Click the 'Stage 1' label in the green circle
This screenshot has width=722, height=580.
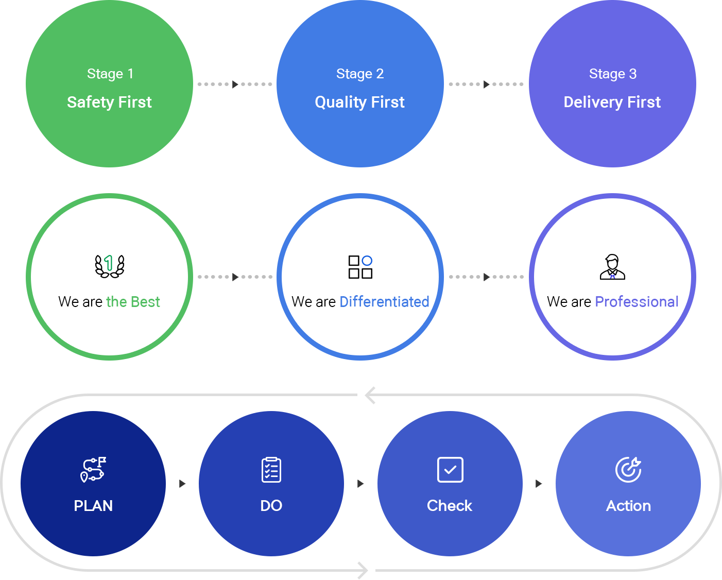pyautogui.click(x=110, y=74)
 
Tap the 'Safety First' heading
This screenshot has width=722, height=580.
pyautogui.click(x=109, y=102)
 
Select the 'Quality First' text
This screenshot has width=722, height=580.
pyautogui.click(x=359, y=102)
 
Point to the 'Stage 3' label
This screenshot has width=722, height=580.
pyautogui.click(x=613, y=74)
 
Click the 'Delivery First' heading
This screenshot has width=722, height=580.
pyautogui.click(x=612, y=102)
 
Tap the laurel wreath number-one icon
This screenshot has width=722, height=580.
pyautogui.click(x=110, y=266)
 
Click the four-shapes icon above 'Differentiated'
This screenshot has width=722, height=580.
pyautogui.click(x=360, y=267)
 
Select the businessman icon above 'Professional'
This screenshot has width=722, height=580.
pyautogui.click(x=612, y=267)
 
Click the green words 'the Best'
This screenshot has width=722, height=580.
pyautogui.click(x=133, y=302)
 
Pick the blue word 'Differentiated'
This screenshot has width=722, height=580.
pyautogui.click(x=384, y=302)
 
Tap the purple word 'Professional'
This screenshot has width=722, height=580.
pyautogui.click(x=637, y=302)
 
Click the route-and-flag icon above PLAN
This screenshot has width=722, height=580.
pyautogui.click(x=93, y=470)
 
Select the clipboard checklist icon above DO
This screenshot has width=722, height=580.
pyautogui.click(x=271, y=470)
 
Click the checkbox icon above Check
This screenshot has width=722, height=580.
pyautogui.click(x=450, y=470)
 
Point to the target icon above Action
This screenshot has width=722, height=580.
pyautogui.click(x=628, y=470)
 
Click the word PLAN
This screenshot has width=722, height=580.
pyautogui.click(x=93, y=506)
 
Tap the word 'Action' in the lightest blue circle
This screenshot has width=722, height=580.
pyautogui.click(x=628, y=506)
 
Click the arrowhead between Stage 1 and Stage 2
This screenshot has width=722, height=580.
pyautogui.click(x=235, y=84)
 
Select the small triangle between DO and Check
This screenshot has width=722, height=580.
pyautogui.click(x=360, y=484)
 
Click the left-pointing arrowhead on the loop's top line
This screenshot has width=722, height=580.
pyautogui.click(x=370, y=396)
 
